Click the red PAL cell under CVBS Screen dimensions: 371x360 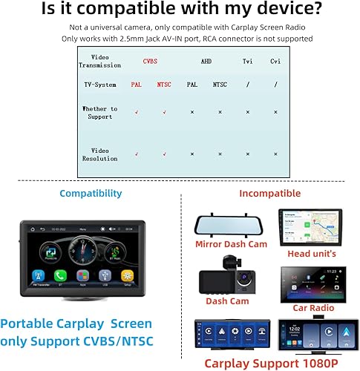point(136,85)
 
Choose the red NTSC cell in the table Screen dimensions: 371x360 point(164,85)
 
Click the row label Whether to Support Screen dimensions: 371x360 point(99,113)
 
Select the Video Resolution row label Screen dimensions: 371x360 point(99,154)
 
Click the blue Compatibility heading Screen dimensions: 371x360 point(91,193)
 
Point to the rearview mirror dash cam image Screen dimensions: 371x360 point(229,224)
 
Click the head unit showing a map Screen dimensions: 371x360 point(310,226)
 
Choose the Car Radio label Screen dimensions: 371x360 point(312,306)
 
